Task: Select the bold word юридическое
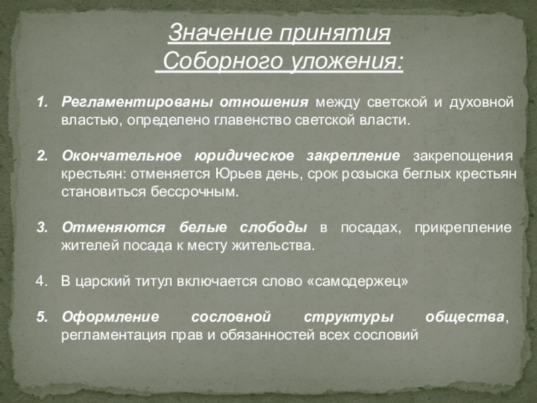point(244,156)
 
